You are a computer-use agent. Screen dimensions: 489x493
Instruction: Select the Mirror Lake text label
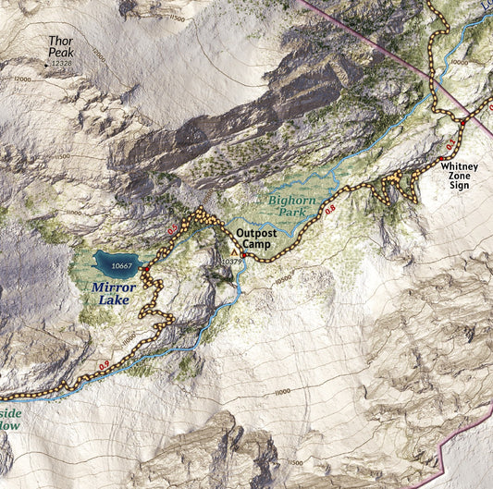(115, 293)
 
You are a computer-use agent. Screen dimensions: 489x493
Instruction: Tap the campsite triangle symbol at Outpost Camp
(233, 251)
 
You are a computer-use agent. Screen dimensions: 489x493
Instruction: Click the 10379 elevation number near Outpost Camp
(231, 263)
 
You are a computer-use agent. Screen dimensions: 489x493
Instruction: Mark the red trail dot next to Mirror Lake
(146, 269)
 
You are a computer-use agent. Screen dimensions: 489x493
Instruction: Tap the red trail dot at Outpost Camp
(243, 255)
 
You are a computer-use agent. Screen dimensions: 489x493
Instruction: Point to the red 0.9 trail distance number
(105, 366)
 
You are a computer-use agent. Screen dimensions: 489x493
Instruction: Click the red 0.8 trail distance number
(330, 212)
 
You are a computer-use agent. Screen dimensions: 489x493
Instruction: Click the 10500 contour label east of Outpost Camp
(282, 276)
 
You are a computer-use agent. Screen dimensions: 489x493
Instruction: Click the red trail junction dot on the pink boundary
(462, 122)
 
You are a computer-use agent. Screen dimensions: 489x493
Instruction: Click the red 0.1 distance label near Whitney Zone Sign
(450, 146)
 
